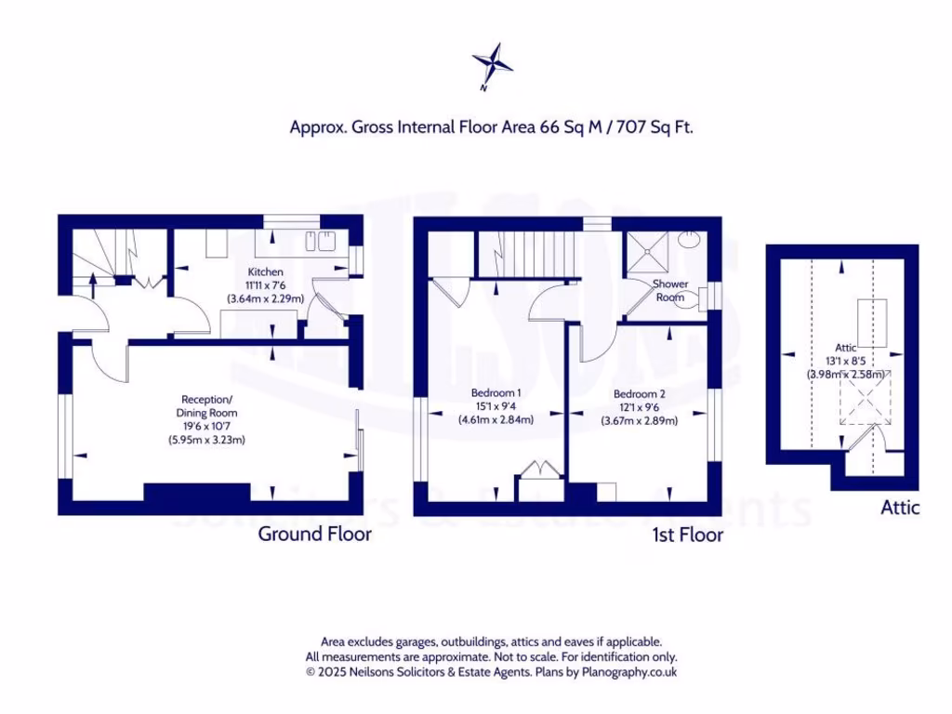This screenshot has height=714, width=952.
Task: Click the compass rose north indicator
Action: coord(492,64)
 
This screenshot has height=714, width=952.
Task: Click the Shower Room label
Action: coord(669,290)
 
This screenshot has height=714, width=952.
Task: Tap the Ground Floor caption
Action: coord(314,534)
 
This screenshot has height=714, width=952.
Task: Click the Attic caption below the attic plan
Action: coord(900,508)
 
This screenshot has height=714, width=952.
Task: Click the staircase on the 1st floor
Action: coord(526,254)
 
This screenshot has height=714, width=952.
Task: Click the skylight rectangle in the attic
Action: coord(872,320)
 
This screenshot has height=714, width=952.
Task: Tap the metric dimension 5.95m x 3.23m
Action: coord(206,438)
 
